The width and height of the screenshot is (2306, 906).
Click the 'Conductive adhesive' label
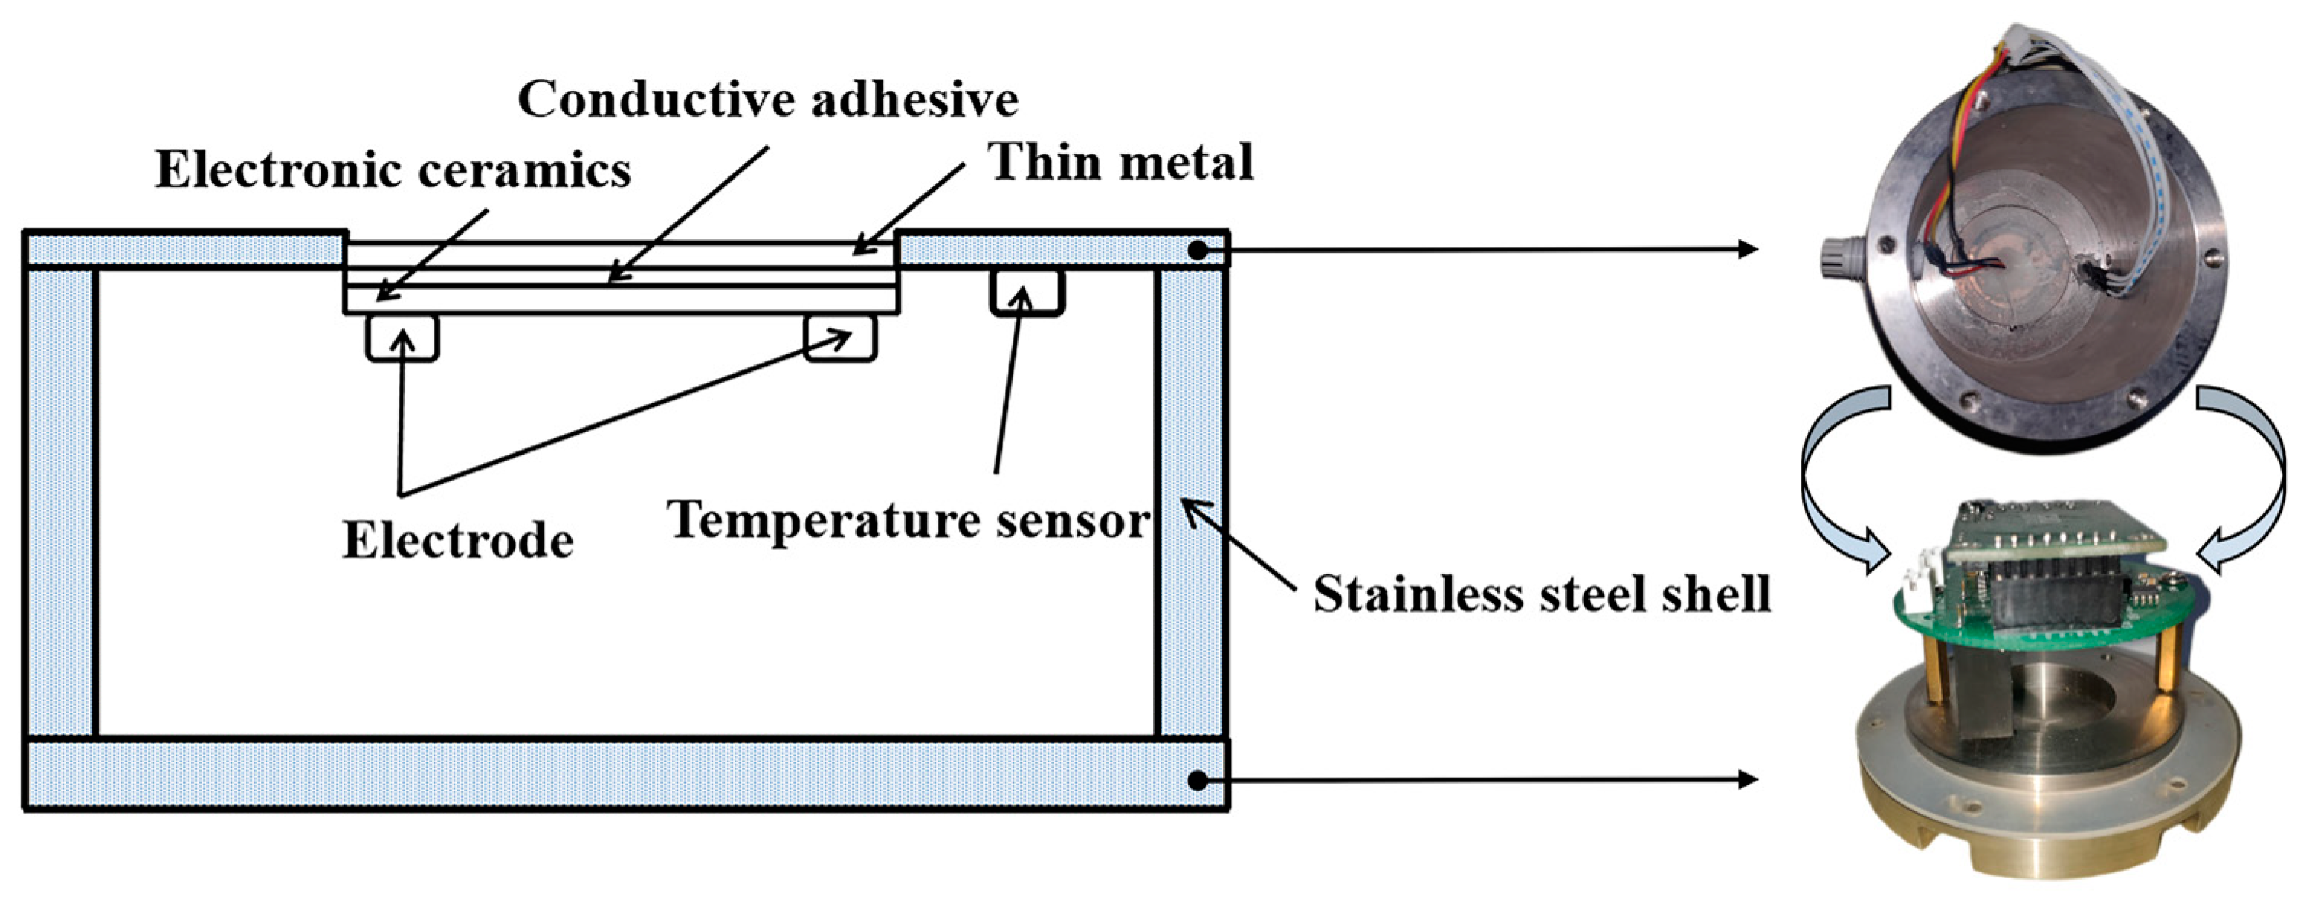(767, 99)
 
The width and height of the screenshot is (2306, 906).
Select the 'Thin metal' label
(1120, 162)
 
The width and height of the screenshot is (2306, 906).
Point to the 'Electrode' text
(457, 541)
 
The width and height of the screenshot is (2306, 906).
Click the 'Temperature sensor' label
(909, 520)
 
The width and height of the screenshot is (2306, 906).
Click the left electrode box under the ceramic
(402, 338)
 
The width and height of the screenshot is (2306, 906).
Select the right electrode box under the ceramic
(840, 338)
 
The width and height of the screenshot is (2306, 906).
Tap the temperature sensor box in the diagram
(1027, 292)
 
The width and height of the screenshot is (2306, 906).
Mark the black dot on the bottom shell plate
(1198, 780)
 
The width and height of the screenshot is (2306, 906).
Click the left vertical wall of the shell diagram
(61, 501)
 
